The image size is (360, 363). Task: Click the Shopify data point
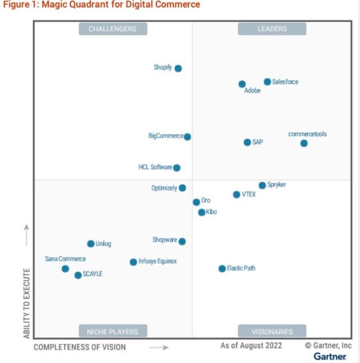(x=178, y=68)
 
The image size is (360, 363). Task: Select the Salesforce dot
(x=267, y=81)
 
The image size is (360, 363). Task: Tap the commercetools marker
(x=304, y=143)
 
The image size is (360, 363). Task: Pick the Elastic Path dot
(x=222, y=268)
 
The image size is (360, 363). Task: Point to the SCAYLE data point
(x=78, y=275)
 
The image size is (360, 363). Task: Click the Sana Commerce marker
(x=65, y=269)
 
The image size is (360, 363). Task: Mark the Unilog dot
(x=91, y=244)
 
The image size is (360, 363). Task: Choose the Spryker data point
(x=262, y=185)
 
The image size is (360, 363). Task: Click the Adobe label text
(x=252, y=91)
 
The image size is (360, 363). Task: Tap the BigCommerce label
(x=166, y=136)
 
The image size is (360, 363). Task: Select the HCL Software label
(x=155, y=168)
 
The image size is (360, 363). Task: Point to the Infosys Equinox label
(x=158, y=261)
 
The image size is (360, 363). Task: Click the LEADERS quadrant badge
(x=272, y=29)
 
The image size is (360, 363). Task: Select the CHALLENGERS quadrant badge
(x=112, y=29)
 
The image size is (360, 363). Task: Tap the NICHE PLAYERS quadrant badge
(x=112, y=332)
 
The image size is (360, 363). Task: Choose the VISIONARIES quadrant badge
(x=272, y=332)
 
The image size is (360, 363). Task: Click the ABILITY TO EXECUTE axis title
(x=27, y=302)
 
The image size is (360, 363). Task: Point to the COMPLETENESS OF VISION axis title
(x=80, y=347)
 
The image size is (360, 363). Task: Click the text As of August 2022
(x=251, y=345)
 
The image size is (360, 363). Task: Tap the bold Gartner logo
(x=330, y=356)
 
